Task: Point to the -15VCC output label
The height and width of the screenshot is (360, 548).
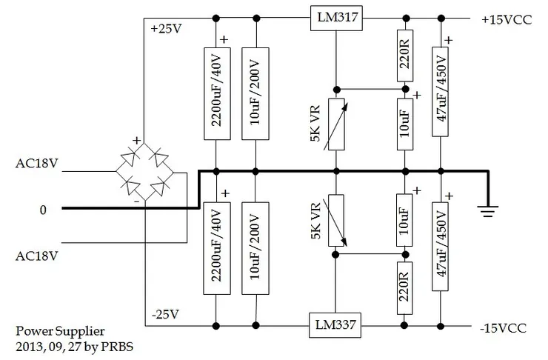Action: click(504, 326)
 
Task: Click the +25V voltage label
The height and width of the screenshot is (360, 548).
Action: click(165, 30)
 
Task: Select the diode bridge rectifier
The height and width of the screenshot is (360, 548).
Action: click(148, 171)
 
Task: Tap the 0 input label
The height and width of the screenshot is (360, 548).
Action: click(43, 210)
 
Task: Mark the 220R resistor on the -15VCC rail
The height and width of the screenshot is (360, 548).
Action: click(404, 287)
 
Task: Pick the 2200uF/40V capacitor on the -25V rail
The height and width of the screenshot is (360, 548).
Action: click(215, 249)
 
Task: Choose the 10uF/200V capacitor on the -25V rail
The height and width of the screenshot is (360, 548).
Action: click(255, 249)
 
